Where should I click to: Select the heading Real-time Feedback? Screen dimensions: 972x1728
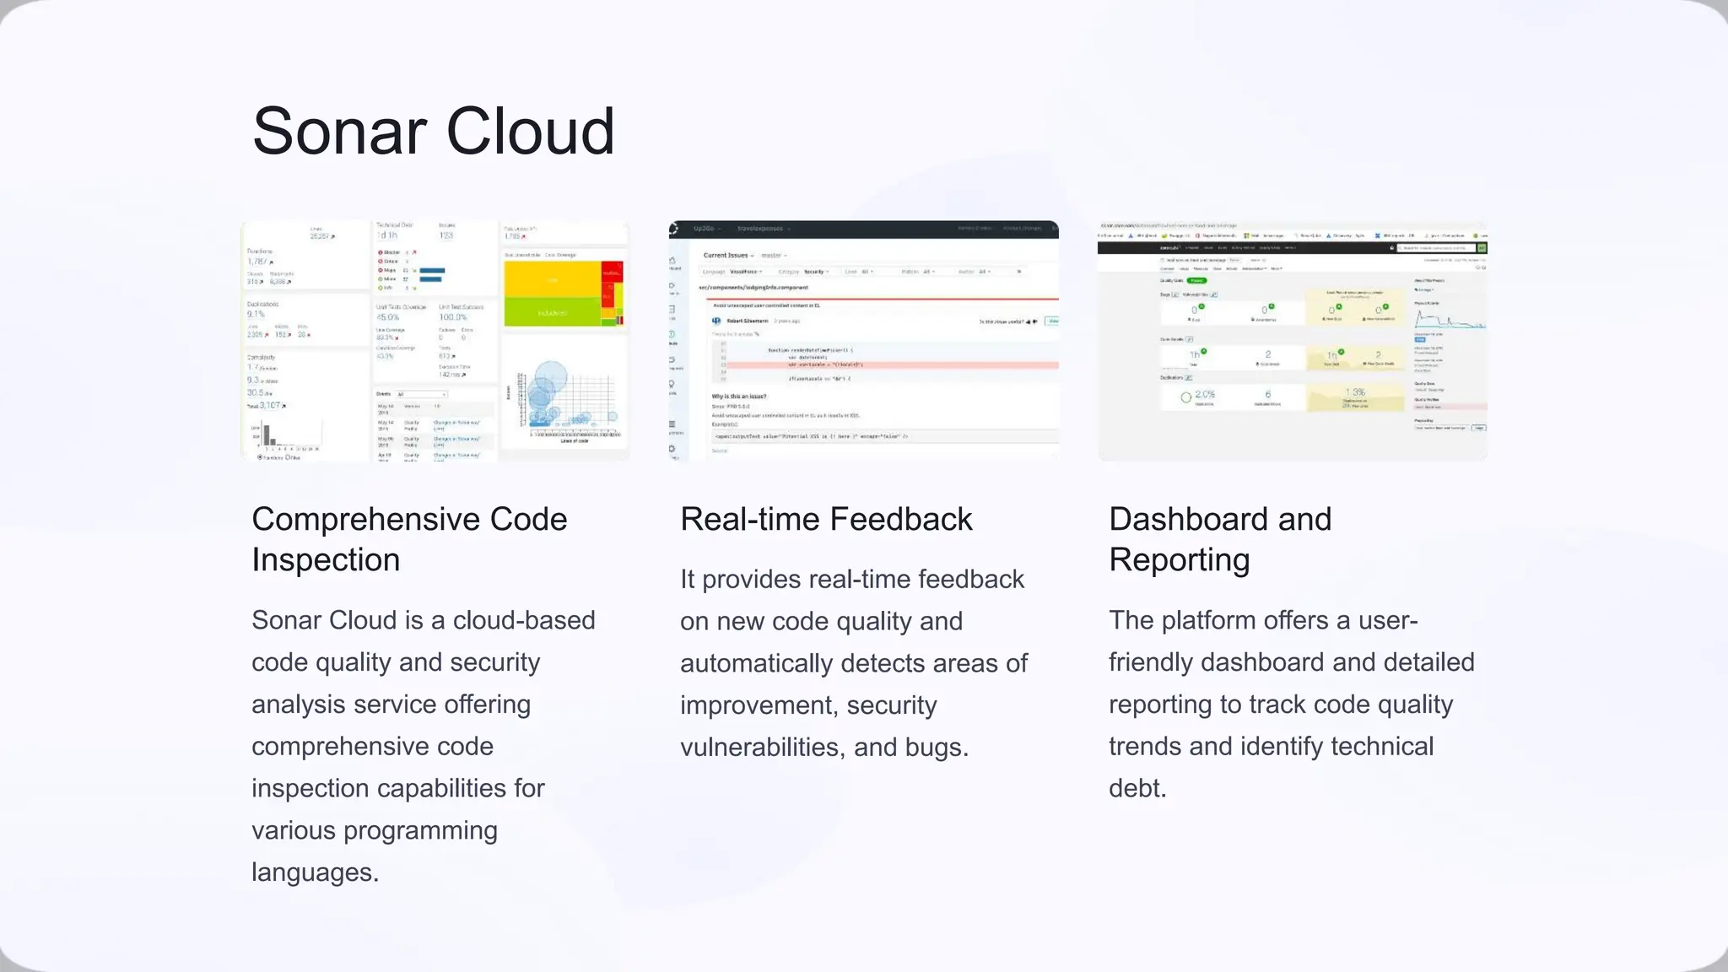pos(826,519)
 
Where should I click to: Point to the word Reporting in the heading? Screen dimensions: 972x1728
pos(1179,560)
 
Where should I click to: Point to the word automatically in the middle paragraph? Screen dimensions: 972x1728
pos(756,663)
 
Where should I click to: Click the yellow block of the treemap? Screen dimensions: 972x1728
pos(552,279)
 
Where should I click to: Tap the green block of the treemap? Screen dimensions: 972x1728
pos(552,313)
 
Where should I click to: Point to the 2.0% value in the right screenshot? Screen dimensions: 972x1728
pos(1204,394)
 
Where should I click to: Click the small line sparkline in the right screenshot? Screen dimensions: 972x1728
pos(1448,321)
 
